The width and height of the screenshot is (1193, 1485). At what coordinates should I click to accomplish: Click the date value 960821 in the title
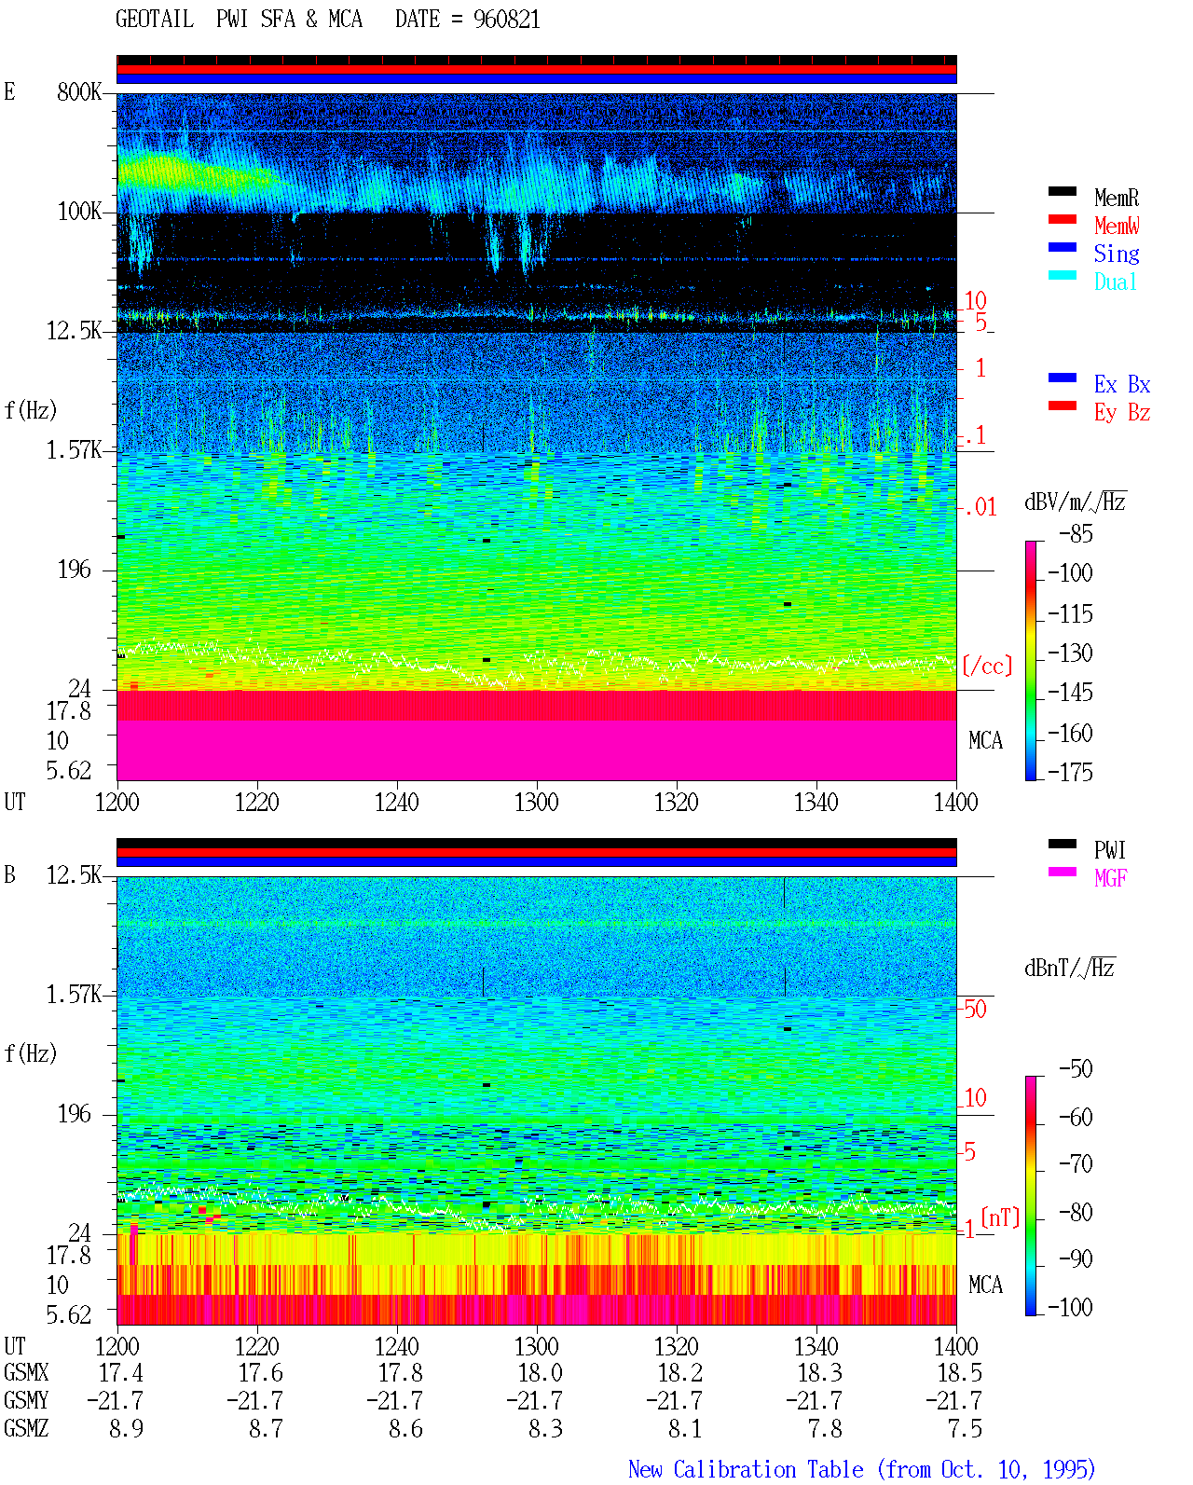[x=506, y=20]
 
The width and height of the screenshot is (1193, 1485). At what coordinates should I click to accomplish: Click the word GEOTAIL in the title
[x=155, y=20]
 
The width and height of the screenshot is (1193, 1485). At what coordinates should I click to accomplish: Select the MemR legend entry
[x=1116, y=198]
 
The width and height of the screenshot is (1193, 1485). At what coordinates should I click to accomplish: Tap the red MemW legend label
[x=1117, y=226]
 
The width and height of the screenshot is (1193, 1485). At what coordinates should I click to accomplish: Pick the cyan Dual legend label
[x=1115, y=282]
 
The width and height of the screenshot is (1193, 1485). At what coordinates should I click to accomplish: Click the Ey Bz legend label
[x=1121, y=412]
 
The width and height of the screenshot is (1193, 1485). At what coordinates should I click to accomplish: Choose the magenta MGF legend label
[x=1110, y=878]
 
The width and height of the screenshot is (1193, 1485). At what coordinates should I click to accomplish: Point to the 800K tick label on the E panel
[x=78, y=91]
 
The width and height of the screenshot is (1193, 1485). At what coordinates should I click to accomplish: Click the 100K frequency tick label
[x=78, y=212]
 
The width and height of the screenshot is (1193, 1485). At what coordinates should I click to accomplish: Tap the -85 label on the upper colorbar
[x=1076, y=534]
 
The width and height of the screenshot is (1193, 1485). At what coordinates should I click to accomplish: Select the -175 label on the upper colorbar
[x=1070, y=772]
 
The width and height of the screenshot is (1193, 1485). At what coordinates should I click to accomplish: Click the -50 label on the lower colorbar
[x=1076, y=1069]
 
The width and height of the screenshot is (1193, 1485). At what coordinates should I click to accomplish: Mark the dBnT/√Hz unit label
[x=1069, y=969]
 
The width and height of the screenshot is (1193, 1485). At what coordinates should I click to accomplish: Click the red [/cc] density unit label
[x=987, y=666]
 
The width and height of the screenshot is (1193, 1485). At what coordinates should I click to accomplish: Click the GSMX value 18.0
[x=540, y=1372]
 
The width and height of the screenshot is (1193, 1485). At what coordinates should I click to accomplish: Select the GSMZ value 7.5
[x=965, y=1428]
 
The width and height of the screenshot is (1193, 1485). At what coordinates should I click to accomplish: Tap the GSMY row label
[x=26, y=1400]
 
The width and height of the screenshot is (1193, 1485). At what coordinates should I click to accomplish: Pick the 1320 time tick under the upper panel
[x=677, y=802]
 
